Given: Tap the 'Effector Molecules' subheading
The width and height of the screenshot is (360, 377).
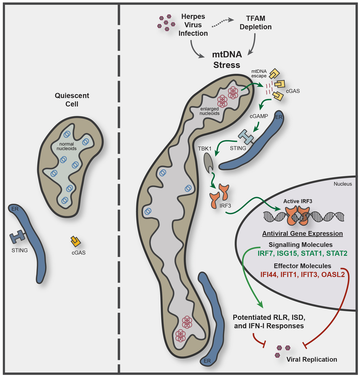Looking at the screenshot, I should point(303,265).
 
